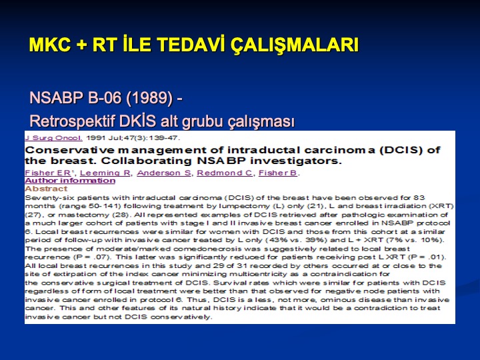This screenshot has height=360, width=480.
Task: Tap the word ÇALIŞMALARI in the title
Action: [x=294, y=45]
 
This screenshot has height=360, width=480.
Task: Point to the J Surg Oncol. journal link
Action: [x=53, y=138]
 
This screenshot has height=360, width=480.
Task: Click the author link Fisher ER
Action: [x=48, y=173]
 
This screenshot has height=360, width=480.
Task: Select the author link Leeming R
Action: [x=105, y=173]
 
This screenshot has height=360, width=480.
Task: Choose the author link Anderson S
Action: [x=164, y=173]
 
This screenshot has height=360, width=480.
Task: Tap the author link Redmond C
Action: [x=225, y=173]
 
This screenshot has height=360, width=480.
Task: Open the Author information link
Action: [x=70, y=181]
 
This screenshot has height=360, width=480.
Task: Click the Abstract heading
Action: [x=46, y=189]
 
